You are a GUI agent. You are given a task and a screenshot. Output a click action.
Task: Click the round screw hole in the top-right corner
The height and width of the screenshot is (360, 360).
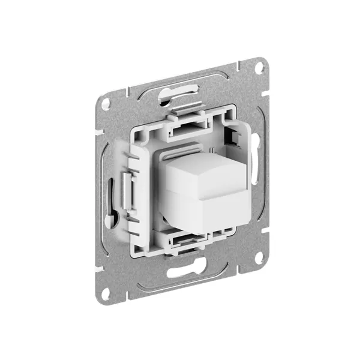click(x=258, y=68)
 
